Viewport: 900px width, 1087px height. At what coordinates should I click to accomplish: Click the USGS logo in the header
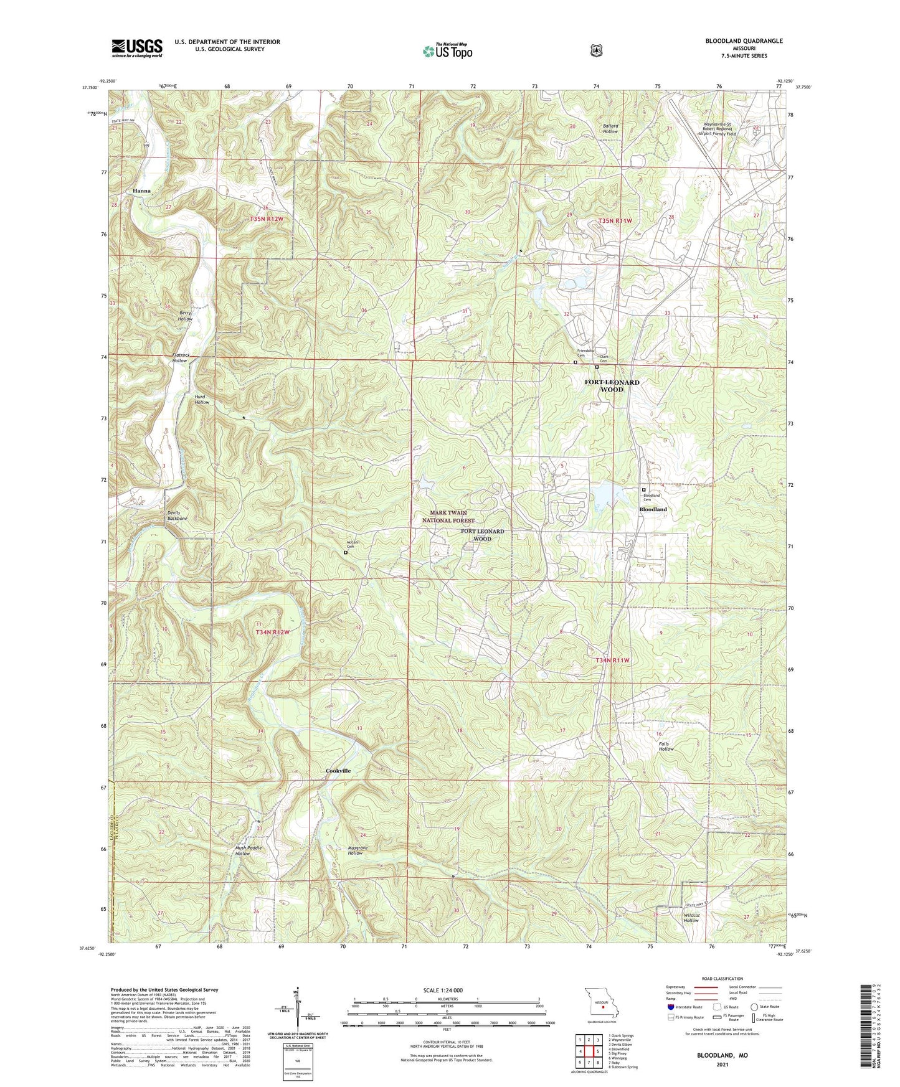click(137, 48)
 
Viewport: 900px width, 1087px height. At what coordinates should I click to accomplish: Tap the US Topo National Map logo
click(447, 51)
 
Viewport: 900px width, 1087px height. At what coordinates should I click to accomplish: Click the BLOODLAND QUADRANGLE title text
click(744, 41)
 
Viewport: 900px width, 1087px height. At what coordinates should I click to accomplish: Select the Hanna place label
click(141, 191)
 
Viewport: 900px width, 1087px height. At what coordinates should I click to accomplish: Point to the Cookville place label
click(338, 771)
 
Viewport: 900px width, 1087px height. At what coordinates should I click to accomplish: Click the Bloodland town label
click(653, 509)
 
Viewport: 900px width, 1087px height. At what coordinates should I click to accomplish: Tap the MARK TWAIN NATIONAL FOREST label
click(448, 517)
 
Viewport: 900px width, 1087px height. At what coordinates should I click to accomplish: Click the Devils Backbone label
click(177, 515)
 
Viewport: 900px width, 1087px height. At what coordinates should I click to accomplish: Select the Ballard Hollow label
click(610, 129)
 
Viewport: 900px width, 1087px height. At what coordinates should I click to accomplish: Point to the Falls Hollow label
click(666, 746)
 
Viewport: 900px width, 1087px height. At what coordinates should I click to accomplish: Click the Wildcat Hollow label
click(691, 918)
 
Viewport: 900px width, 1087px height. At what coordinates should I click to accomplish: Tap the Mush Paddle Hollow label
click(249, 850)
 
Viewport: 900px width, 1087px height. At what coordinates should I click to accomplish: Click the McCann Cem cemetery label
click(354, 544)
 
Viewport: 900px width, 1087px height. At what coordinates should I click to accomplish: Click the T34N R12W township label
click(273, 632)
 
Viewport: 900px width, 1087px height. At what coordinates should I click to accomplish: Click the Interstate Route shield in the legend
click(670, 1007)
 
